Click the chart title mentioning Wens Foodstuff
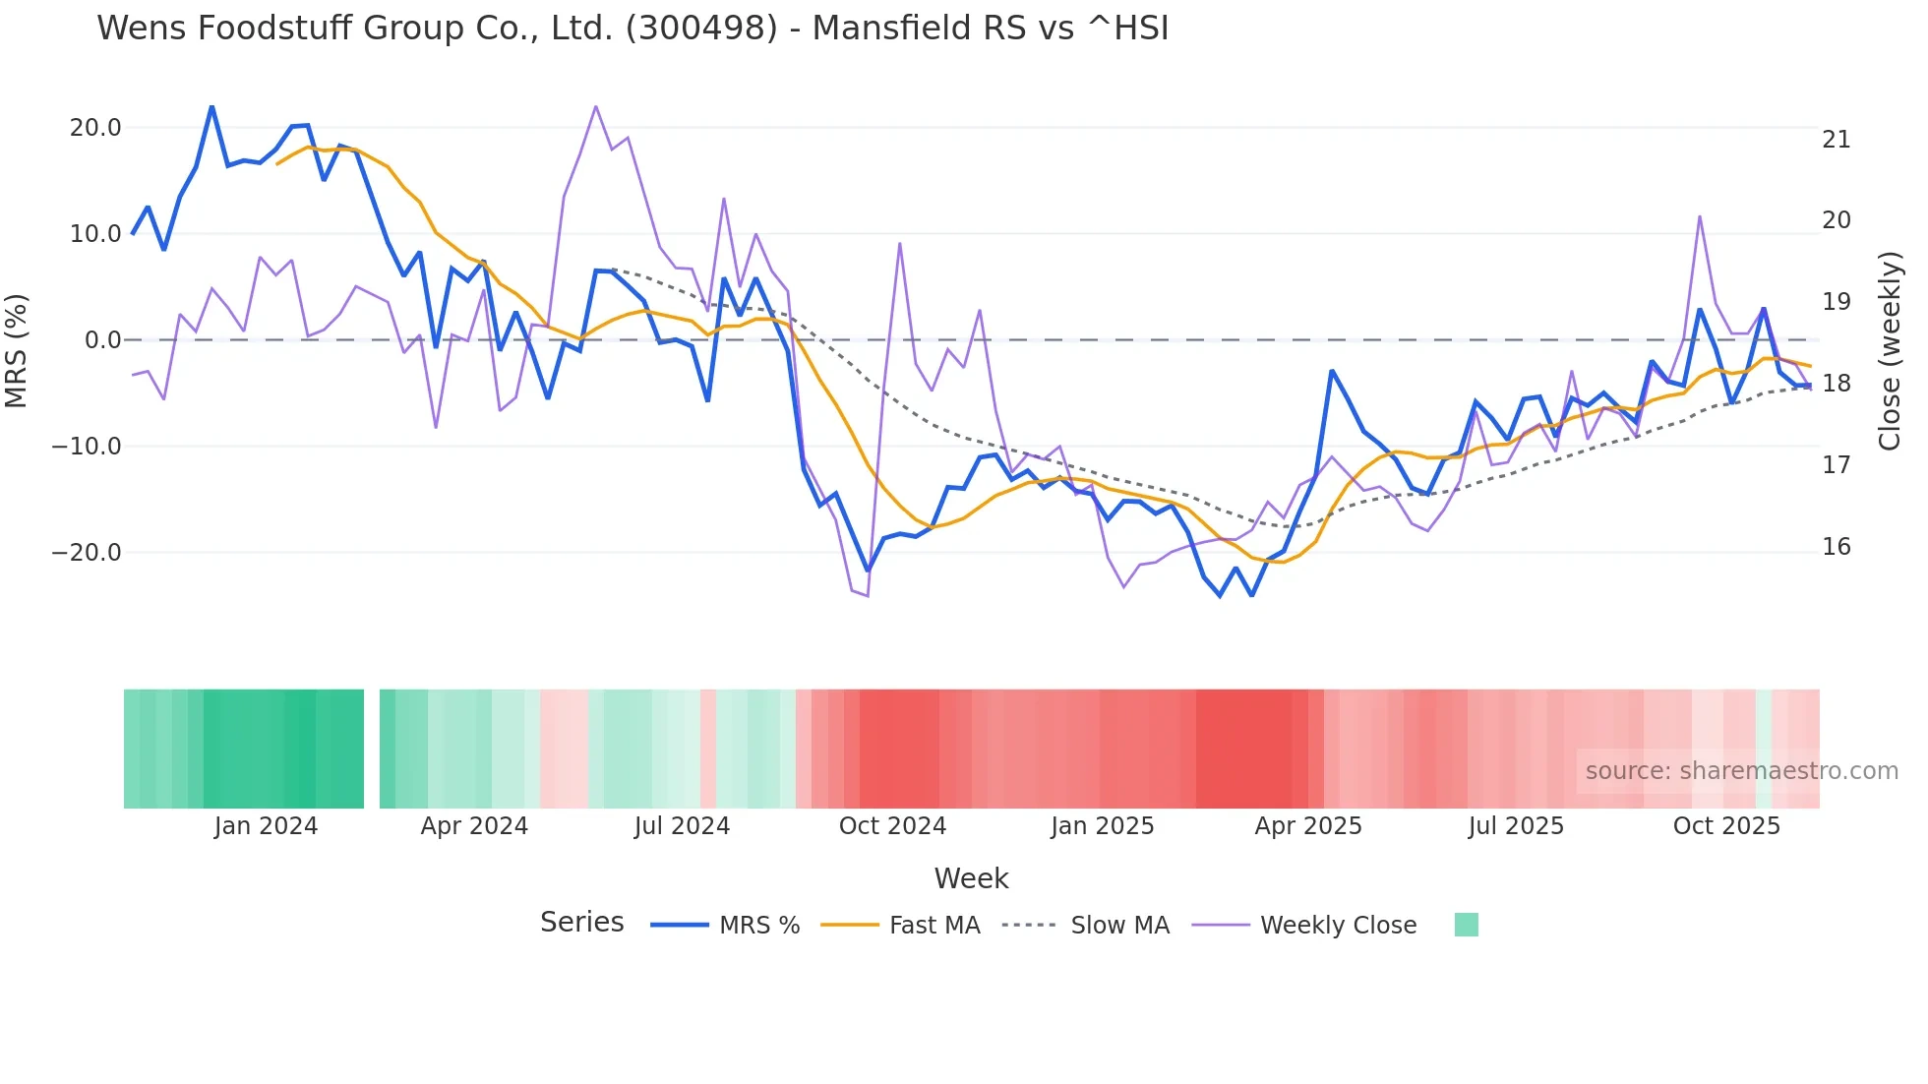(x=632, y=28)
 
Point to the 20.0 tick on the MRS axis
(x=95, y=128)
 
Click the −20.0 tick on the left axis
(x=88, y=553)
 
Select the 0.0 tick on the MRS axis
(x=103, y=340)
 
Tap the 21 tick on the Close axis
(x=1836, y=140)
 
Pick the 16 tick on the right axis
(x=1836, y=547)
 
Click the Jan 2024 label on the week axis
(x=266, y=826)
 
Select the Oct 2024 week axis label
(x=892, y=826)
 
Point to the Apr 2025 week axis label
(x=1308, y=826)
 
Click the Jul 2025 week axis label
(x=1516, y=826)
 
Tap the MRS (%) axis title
(x=17, y=350)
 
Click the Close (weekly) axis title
(x=1889, y=351)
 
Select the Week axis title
(x=971, y=878)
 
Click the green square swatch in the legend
(x=1466, y=925)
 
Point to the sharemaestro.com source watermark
(x=1741, y=771)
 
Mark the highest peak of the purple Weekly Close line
(x=596, y=106)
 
